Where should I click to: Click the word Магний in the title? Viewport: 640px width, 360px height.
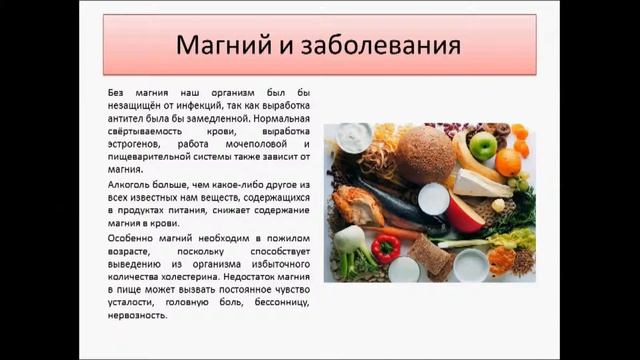[222, 46]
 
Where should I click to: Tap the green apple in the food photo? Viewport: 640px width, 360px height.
[483, 146]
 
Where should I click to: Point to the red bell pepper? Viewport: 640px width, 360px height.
[385, 247]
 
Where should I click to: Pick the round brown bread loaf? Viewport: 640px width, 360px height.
[425, 154]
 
